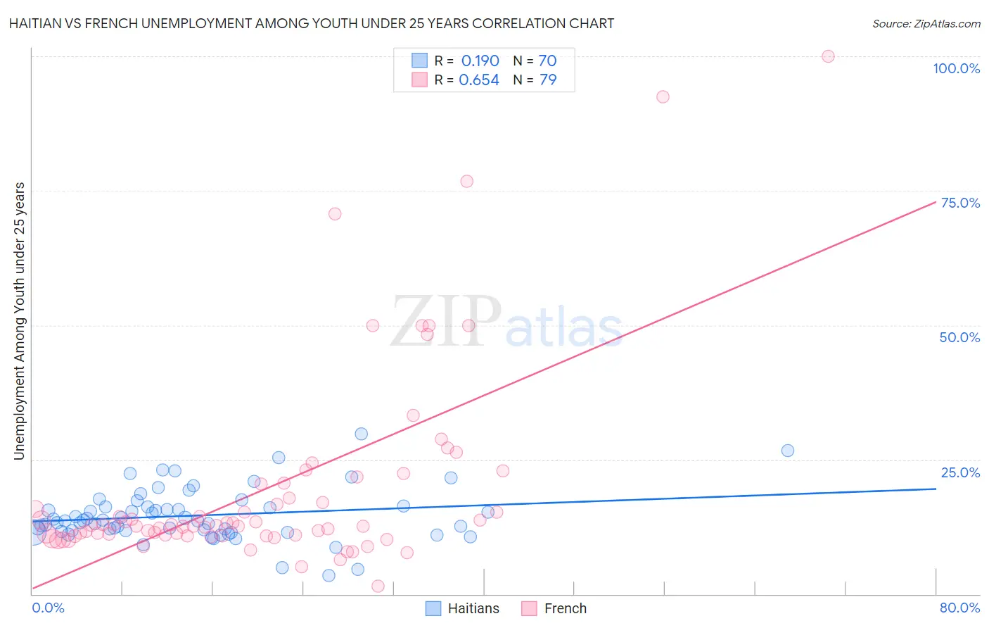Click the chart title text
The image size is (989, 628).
tap(311, 23)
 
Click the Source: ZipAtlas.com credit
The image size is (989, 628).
tap(926, 23)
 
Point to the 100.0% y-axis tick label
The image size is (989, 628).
tap(956, 68)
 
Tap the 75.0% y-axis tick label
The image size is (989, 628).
tap(960, 203)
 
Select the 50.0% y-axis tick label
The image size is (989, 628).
tap(959, 337)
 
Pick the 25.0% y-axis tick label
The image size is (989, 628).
tap(960, 472)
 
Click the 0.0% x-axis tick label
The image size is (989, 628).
tap(48, 608)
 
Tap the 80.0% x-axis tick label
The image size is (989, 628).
tap(959, 608)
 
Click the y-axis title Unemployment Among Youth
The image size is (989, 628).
tap(19, 321)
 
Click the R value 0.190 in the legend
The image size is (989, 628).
tap(480, 61)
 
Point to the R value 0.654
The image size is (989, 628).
tap(479, 80)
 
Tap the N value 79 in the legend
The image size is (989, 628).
tap(548, 80)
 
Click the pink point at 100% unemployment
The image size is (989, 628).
tap(828, 56)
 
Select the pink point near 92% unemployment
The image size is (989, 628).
tap(663, 96)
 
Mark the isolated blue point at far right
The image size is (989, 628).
tap(788, 451)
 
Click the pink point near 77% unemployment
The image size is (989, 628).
tap(466, 181)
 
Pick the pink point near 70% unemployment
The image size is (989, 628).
tap(335, 213)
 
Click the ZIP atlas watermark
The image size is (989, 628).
tap(506, 322)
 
